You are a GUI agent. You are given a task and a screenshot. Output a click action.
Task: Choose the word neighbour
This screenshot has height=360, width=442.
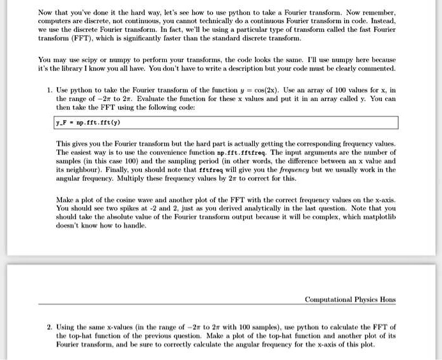point(83,170)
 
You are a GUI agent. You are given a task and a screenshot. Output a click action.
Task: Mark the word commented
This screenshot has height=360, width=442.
point(373,68)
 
